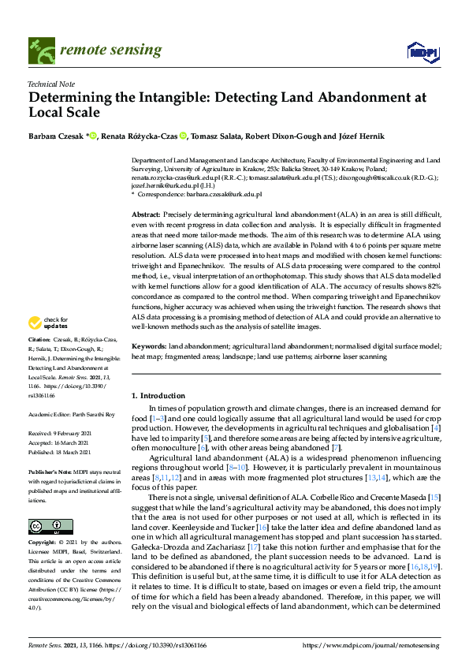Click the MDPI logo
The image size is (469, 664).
click(x=423, y=52)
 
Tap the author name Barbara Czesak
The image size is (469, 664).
click(x=55, y=136)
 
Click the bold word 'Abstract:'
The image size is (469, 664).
click(x=146, y=215)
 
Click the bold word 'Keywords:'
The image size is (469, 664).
click(x=148, y=368)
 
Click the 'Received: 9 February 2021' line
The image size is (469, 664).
click(x=66, y=434)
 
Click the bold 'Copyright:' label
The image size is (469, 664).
click(x=43, y=521)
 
